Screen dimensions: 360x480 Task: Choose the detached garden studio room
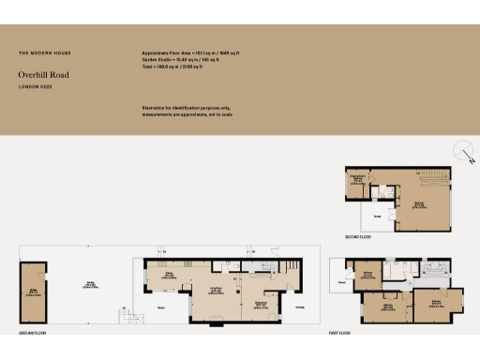(34, 292)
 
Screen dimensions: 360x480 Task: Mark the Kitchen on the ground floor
(170, 275)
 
